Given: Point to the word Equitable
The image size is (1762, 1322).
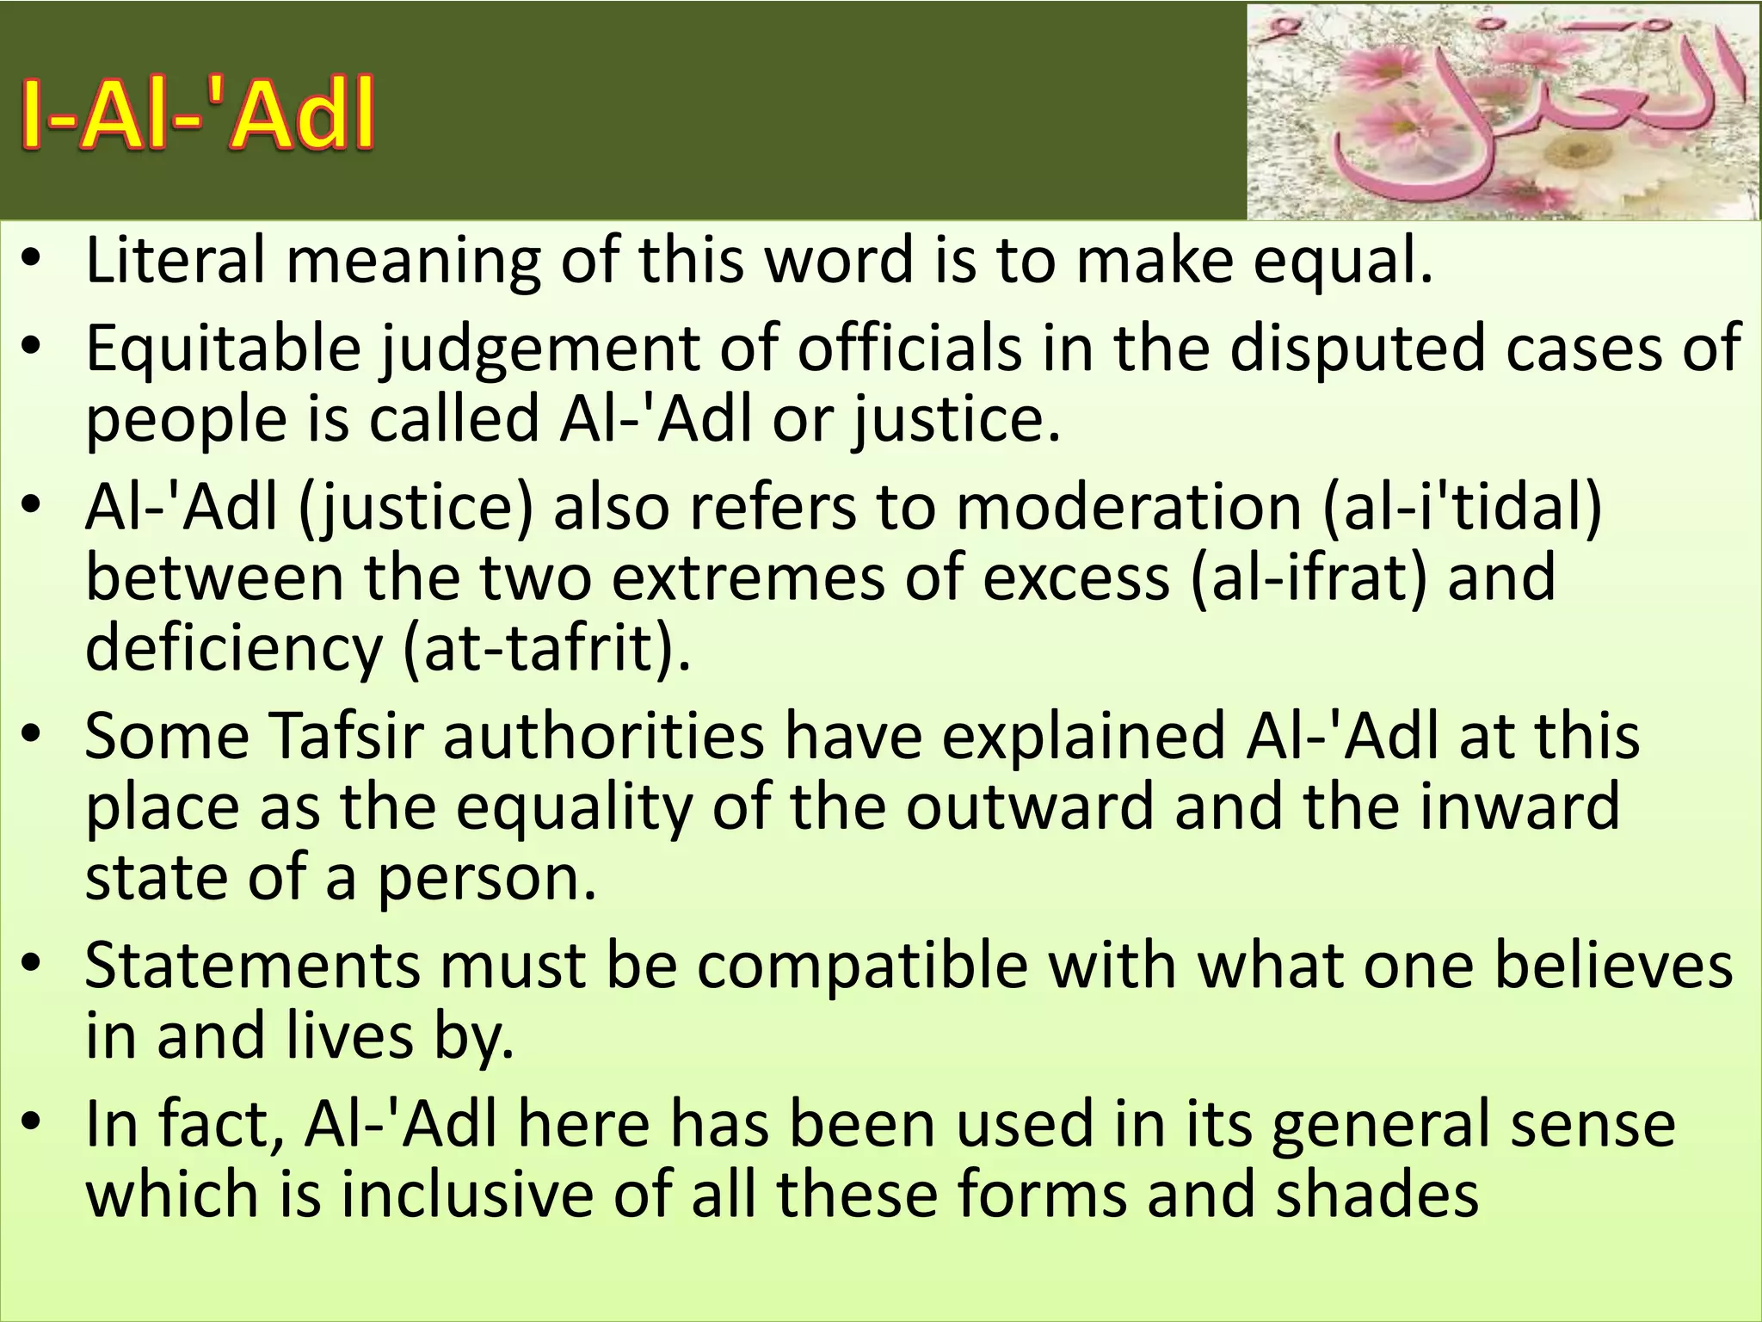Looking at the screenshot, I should (223, 349).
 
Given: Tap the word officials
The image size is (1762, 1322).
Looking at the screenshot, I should (910, 349).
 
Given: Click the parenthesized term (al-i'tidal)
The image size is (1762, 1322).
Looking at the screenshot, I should (1462, 506).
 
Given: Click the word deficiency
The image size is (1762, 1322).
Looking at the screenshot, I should (233, 647).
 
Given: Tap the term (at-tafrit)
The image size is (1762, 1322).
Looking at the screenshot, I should (546, 647).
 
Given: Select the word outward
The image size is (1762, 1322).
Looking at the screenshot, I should (1029, 806).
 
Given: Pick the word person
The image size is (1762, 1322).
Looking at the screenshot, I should (486, 877).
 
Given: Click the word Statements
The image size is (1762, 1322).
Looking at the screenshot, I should (252, 965).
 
